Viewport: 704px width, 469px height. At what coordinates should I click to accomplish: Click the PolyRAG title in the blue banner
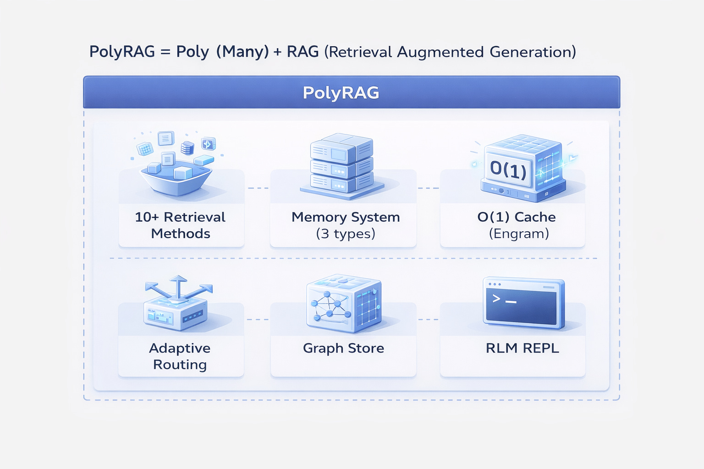pyautogui.click(x=341, y=93)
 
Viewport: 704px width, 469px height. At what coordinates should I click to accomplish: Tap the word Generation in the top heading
pyautogui.click(x=532, y=52)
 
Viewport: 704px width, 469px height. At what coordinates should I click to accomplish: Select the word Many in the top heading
pyautogui.click(x=242, y=52)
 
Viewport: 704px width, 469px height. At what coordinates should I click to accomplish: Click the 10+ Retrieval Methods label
pyautogui.click(x=180, y=225)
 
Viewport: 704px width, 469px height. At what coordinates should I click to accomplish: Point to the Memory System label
pyautogui.click(x=346, y=217)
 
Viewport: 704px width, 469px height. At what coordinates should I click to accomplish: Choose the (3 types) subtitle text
pyautogui.click(x=346, y=234)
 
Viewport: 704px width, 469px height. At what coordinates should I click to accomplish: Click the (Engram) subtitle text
pyautogui.click(x=518, y=234)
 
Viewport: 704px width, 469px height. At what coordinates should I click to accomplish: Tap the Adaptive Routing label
pyautogui.click(x=180, y=356)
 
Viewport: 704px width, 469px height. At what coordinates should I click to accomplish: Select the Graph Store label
pyautogui.click(x=343, y=349)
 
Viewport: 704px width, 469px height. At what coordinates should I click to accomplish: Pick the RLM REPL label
pyautogui.click(x=522, y=349)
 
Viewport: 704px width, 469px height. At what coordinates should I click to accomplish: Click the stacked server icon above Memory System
pyautogui.click(x=342, y=165)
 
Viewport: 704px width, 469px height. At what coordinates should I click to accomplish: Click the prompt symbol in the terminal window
pyautogui.click(x=496, y=299)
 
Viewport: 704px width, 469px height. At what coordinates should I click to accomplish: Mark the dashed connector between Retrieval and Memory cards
pyautogui.click(x=258, y=188)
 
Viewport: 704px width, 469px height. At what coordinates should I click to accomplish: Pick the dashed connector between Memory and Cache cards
pyautogui.click(x=428, y=188)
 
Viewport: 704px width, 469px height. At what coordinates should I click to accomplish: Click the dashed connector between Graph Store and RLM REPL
pyautogui.click(x=428, y=320)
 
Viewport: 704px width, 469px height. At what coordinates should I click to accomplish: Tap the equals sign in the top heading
pyautogui.click(x=165, y=52)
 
